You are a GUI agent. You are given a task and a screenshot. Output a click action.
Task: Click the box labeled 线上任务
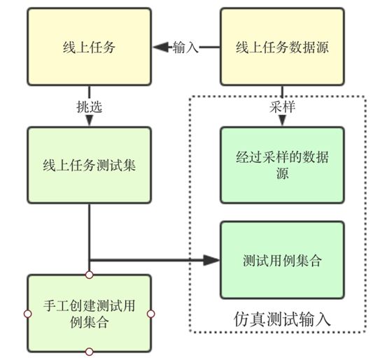click(x=89, y=48)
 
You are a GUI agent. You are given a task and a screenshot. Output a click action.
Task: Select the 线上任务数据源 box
click(x=282, y=48)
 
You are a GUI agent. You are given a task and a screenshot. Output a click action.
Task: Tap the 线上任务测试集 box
click(x=89, y=166)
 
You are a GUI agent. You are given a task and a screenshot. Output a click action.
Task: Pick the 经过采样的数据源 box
click(x=282, y=166)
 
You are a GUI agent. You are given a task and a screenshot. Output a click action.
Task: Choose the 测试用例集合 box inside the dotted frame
click(x=282, y=259)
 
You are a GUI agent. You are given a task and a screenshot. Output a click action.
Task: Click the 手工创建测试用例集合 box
click(x=89, y=312)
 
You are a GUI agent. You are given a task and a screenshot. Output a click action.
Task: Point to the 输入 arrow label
click(x=186, y=48)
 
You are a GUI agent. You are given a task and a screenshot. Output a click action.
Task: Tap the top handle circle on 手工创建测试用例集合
click(x=89, y=273)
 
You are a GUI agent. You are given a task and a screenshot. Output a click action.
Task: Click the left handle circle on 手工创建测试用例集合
click(x=27, y=312)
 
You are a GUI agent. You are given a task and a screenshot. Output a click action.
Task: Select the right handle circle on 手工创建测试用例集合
click(x=151, y=312)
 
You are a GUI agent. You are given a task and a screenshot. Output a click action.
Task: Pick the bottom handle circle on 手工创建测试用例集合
click(x=89, y=351)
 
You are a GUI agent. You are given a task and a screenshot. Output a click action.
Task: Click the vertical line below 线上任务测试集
click(x=89, y=231)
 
